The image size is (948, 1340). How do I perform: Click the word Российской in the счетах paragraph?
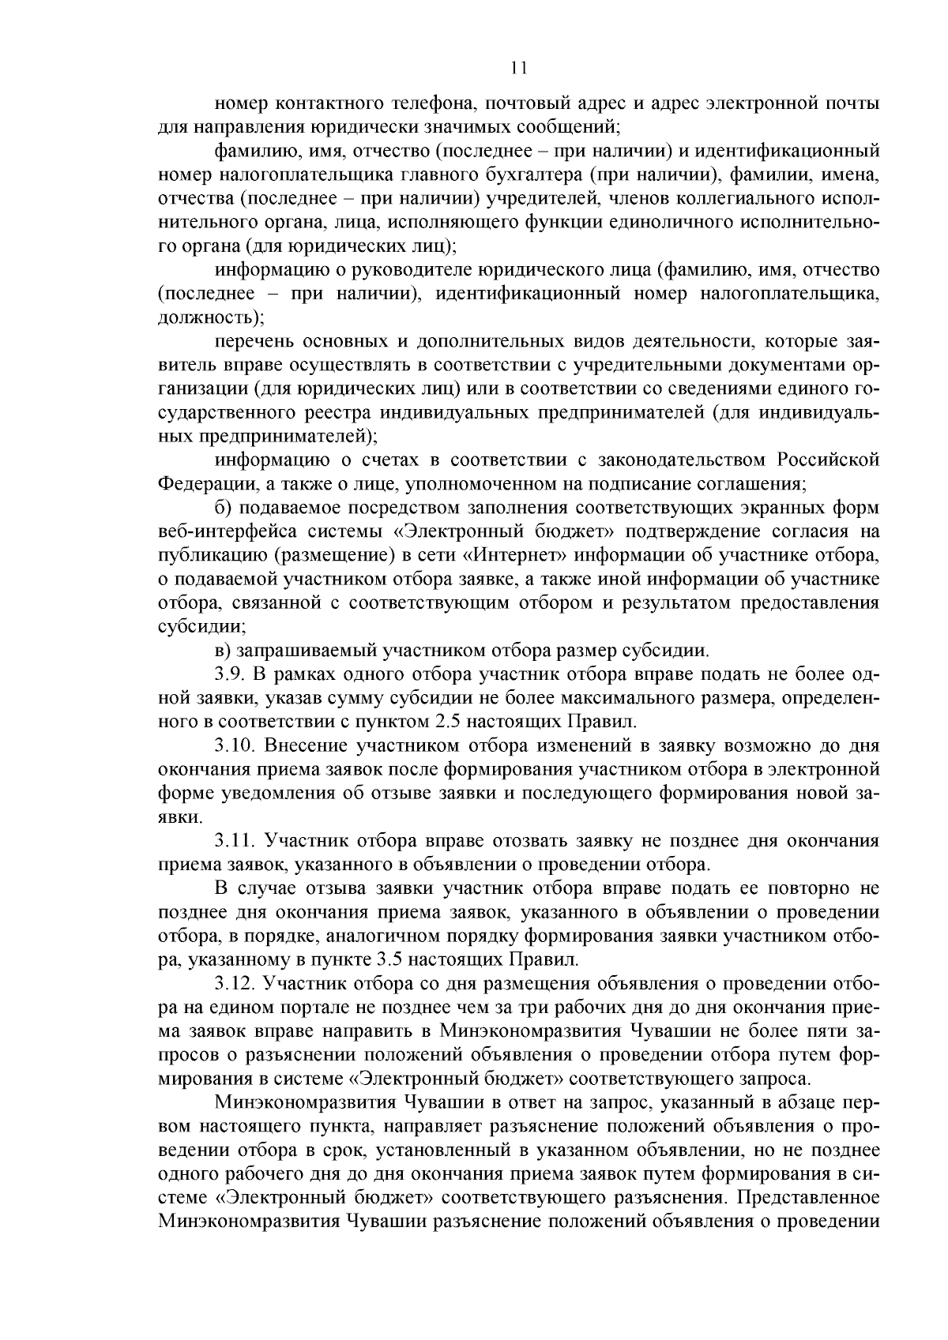(x=827, y=460)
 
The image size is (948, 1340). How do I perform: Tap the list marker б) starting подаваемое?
(x=223, y=508)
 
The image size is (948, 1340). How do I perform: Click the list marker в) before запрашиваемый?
(x=223, y=651)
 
